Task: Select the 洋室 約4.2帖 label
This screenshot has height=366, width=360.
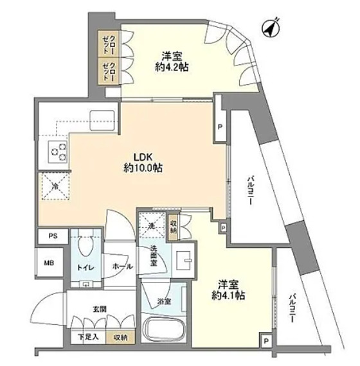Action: tap(170, 60)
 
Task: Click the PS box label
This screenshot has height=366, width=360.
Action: tap(51, 236)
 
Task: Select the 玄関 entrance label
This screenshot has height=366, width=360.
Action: tap(99, 309)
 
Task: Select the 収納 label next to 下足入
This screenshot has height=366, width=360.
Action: tap(120, 337)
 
